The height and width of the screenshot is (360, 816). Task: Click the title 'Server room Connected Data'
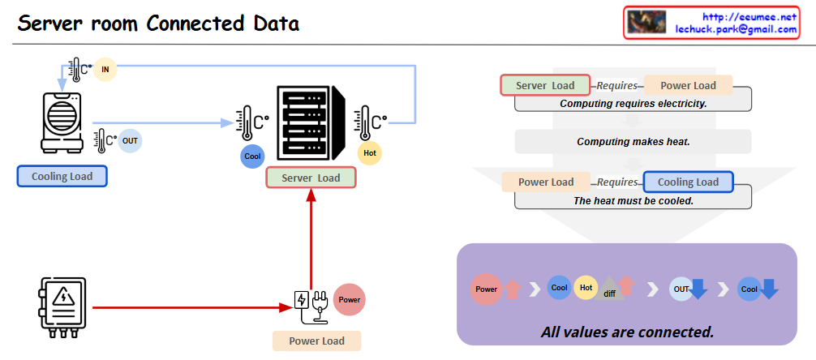159,24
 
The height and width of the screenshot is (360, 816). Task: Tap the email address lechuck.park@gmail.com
736,29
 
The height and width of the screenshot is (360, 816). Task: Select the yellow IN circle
105,70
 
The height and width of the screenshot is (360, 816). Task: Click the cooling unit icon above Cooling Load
63,122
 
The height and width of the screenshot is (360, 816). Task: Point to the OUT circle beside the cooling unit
130,141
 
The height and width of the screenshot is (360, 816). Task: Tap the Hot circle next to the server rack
370,152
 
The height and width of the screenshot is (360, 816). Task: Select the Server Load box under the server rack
311,178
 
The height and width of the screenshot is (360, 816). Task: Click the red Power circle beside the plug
350,299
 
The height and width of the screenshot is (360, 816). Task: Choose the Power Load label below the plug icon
316,341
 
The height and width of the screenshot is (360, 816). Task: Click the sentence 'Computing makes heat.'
633,142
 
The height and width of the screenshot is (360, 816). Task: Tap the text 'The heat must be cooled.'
633,200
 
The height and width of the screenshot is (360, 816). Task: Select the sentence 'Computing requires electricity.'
633,104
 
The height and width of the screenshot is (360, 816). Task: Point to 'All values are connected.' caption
627,332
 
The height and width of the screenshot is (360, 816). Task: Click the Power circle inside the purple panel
486,289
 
